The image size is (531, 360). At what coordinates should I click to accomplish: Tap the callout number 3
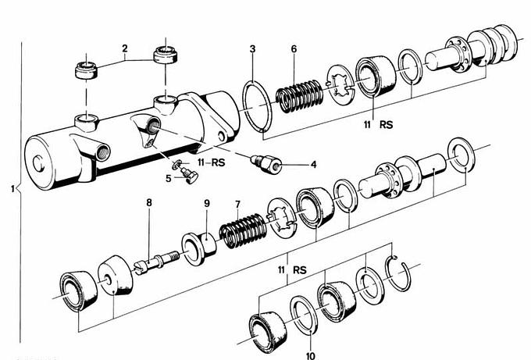(x=252, y=50)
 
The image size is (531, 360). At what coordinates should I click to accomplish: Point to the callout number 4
(x=313, y=165)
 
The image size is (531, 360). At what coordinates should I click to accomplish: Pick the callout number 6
(x=294, y=49)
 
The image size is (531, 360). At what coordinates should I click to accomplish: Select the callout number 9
(x=207, y=204)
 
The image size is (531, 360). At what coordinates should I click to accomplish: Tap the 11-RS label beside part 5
(x=210, y=164)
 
